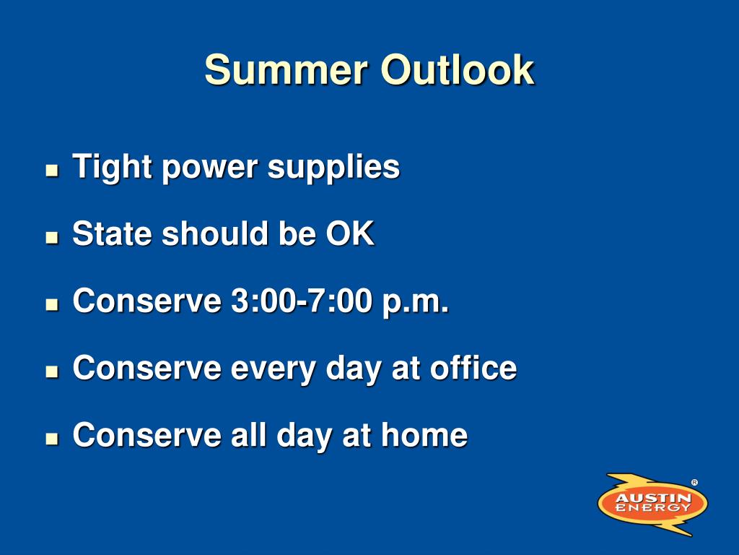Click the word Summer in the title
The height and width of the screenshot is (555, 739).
[286, 69]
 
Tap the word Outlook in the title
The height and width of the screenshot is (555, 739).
[457, 69]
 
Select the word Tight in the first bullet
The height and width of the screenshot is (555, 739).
[112, 168]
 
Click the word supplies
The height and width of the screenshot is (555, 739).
[333, 168]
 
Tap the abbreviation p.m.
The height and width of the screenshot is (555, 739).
[416, 302]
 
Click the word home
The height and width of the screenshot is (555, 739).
[424, 434]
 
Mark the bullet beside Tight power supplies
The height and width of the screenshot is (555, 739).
[52, 170]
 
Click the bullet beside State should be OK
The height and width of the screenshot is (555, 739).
[52, 237]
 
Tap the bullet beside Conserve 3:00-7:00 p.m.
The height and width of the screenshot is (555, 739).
[52, 304]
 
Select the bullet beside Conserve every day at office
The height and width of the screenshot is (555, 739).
[52, 371]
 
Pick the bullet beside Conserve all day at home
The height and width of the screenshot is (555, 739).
[52, 439]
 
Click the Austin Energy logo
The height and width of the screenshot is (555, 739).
[652, 503]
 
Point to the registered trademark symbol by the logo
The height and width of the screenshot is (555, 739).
[695, 482]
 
